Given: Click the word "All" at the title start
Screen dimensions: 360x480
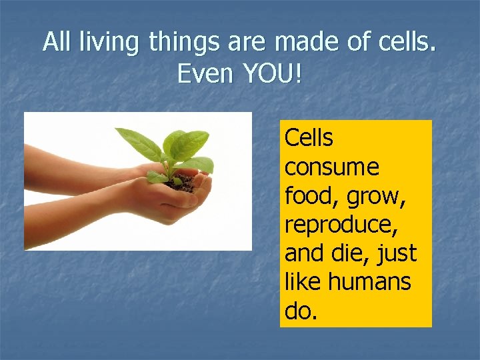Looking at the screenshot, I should coord(57,43).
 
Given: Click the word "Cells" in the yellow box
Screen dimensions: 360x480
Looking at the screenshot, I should coord(309,138).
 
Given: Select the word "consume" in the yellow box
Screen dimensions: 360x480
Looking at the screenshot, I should coord(331,167).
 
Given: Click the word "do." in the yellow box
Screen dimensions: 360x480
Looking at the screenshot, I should coord(301,311).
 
